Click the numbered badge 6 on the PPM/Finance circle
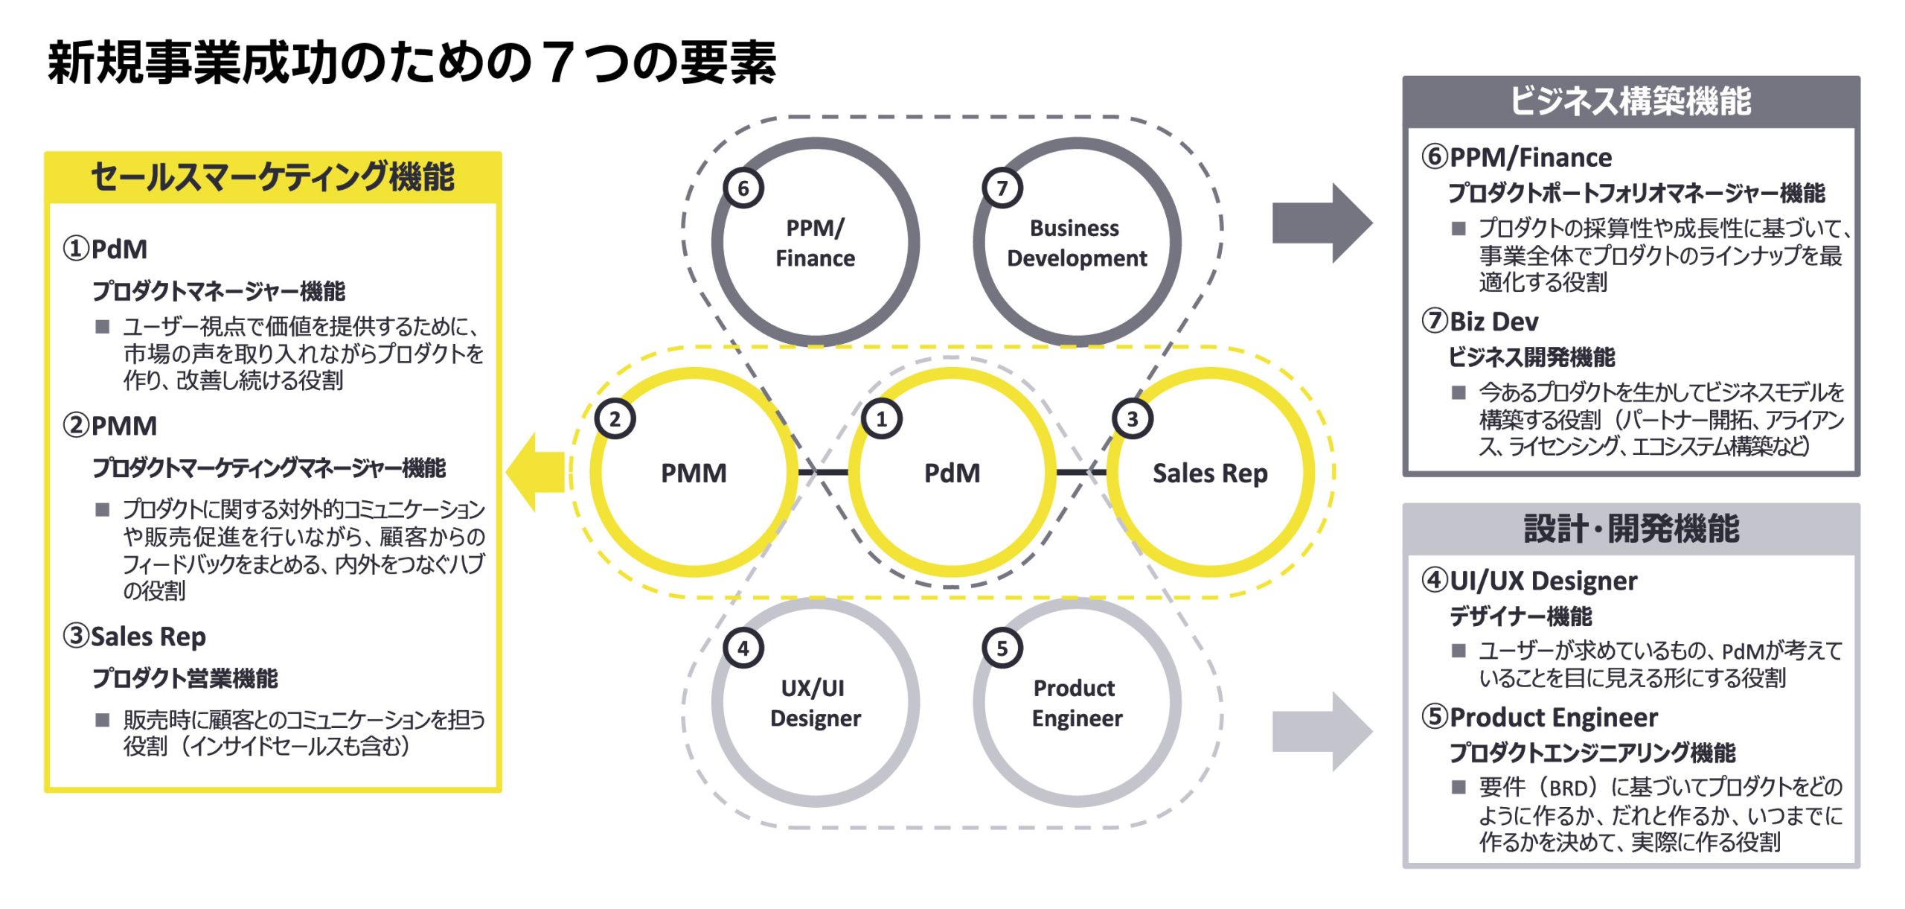coord(743,188)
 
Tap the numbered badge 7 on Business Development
coord(1002,188)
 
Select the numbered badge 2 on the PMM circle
coord(615,419)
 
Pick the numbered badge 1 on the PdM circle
coord(882,419)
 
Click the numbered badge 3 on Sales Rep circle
coord(1132,419)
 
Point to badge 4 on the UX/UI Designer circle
coord(743,648)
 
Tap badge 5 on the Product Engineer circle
coord(1002,648)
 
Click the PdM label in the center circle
coord(952,473)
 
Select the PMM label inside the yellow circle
coord(694,473)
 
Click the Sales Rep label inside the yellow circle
coord(1210,473)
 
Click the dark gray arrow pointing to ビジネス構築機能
coord(1322,223)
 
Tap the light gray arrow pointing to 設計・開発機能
coord(1322,731)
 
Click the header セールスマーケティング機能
coord(272,178)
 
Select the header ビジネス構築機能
coord(1630,102)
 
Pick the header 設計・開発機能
coord(1630,529)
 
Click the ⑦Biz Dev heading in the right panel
coord(1479,322)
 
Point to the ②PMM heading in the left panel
coord(110,426)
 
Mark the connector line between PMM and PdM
coord(823,472)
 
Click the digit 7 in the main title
coord(557,63)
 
